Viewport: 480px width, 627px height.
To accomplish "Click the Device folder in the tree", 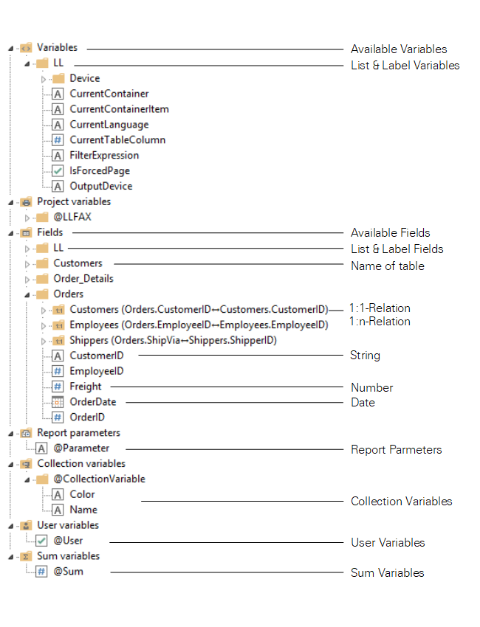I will pyautogui.click(x=84, y=78).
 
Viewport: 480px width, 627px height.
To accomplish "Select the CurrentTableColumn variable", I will pyautogui.click(x=117, y=140).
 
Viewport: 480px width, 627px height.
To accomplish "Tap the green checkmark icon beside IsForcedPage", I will pyautogui.click(x=58, y=171).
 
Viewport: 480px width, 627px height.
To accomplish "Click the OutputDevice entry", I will pyautogui.click(x=100, y=187).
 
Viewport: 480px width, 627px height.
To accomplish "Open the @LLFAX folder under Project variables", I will pyautogui.click(x=72, y=217).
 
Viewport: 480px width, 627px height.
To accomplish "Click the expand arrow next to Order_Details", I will pyautogui.click(x=27, y=280).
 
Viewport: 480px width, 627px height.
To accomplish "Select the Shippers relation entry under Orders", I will pyautogui.click(x=173, y=340).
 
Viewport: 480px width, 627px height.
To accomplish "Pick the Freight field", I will pyautogui.click(x=86, y=387).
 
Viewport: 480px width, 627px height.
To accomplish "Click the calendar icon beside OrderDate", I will pyautogui.click(x=58, y=402).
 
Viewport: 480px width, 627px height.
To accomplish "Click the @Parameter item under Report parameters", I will pyautogui.click(x=80, y=448).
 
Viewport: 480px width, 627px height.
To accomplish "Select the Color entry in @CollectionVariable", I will pyautogui.click(x=82, y=494).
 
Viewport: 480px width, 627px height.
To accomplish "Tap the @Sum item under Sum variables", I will pyautogui.click(x=68, y=571).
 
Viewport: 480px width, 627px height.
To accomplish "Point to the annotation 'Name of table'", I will pyautogui.click(x=387, y=266).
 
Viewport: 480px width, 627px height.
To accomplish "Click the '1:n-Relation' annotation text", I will pyautogui.click(x=380, y=322).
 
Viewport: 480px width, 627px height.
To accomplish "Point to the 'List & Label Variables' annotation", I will pyautogui.click(x=405, y=66).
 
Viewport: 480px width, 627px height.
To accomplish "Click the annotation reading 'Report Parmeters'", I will pyautogui.click(x=396, y=449).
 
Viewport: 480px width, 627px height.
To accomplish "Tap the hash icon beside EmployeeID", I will pyautogui.click(x=58, y=371).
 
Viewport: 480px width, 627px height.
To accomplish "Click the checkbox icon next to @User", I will pyautogui.click(x=41, y=541).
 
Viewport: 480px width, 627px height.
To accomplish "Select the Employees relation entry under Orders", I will pyautogui.click(x=199, y=325).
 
